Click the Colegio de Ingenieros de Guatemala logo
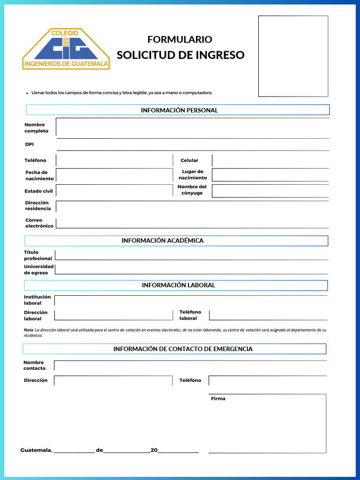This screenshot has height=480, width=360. (66, 49)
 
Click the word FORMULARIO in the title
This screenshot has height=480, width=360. (180, 39)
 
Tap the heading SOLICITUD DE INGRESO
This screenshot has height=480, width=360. (180, 55)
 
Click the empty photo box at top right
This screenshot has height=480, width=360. (293, 56)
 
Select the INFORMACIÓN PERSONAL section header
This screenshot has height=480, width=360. (179, 110)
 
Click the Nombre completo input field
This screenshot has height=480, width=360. (192, 128)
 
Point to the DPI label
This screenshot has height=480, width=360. (30, 144)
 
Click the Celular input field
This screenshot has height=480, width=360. (270, 160)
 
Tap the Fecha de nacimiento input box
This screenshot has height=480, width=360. (114, 175)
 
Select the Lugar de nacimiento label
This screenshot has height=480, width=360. (193, 175)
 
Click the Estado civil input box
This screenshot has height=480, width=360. (114, 191)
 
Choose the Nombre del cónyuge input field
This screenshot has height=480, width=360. (270, 191)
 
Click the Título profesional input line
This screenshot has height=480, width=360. (191, 255)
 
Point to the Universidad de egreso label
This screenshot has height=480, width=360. (38, 270)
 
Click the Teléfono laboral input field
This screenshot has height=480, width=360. (268, 315)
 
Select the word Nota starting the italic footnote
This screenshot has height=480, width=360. (28, 330)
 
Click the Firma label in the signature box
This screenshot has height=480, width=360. (218, 398)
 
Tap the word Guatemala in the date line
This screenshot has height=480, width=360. (36, 450)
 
